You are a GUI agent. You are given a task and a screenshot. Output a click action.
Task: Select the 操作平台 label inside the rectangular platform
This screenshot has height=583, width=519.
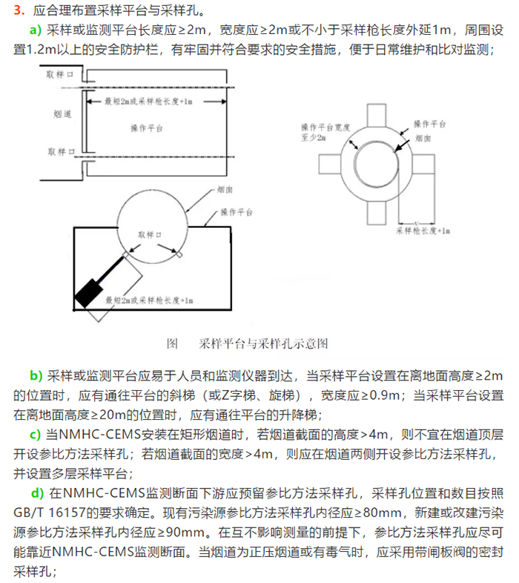click(x=146, y=128)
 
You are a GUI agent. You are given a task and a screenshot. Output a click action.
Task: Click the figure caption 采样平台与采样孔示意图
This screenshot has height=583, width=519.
click(x=263, y=343)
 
